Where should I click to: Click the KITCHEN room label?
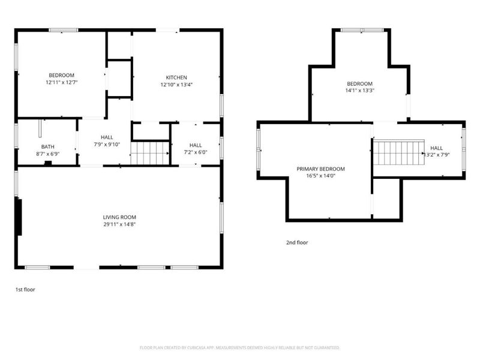pos(176,77)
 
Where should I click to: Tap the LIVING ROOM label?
pos(119,217)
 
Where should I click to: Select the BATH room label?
pos(48,147)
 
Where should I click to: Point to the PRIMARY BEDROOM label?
pos(320,169)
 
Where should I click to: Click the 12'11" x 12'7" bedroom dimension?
pos(62,82)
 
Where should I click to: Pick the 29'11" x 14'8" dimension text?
pos(119,224)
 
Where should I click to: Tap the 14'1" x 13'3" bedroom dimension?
pos(359,91)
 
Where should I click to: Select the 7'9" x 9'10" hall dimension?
pos(107,145)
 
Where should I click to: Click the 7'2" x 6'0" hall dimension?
pos(196,152)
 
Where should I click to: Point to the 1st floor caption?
pos(25,290)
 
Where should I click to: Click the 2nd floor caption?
pos(297,242)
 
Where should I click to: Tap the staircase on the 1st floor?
pos(150,153)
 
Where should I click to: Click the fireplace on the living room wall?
pos(19,217)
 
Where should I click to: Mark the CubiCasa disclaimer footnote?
pos(239,348)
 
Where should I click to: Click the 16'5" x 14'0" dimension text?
pos(320,176)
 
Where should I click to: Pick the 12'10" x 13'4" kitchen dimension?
pos(176,85)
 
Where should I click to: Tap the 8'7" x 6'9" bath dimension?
pos(48,154)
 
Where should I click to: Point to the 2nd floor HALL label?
pos(436,148)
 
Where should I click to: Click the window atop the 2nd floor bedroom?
pos(362,30)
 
